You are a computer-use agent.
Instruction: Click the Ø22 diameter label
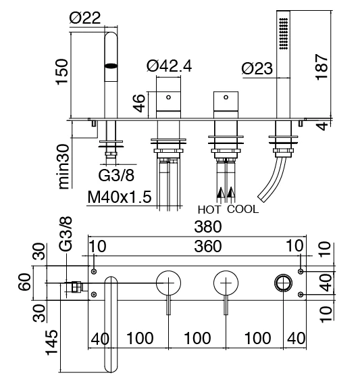(85, 18)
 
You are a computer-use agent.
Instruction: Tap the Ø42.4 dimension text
(169, 66)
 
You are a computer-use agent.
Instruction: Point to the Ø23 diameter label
(257, 68)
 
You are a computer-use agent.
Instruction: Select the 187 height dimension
(322, 67)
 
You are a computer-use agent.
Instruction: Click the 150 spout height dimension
(61, 72)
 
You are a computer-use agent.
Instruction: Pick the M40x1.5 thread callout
(120, 197)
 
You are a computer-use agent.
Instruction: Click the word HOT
(209, 210)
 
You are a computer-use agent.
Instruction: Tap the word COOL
(242, 210)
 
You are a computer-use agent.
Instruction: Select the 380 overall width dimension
(208, 226)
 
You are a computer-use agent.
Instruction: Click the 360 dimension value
(208, 246)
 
